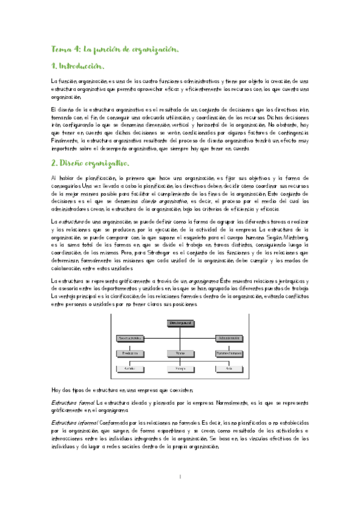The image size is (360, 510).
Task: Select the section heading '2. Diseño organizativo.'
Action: coord(90,164)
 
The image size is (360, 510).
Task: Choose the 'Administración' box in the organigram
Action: coord(229,338)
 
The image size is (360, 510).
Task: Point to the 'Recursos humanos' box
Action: coord(229,352)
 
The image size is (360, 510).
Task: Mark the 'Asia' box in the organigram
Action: coord(229,367)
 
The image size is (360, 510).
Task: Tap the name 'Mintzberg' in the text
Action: coord(295,238)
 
